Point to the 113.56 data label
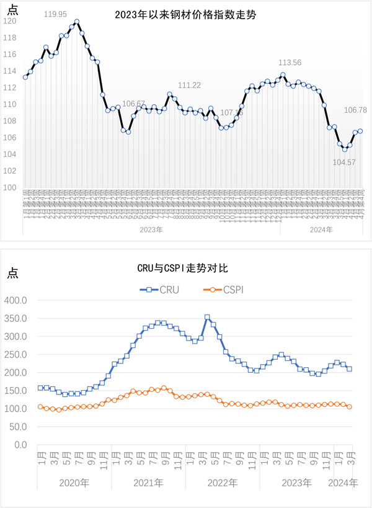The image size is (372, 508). (x=290, y=63)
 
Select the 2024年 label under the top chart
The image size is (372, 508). (x=321, y=229)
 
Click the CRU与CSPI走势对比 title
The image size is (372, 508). (x=186, y=268)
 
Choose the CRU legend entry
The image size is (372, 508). (x=161, y=289)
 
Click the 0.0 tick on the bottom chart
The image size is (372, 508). (x=21, y=445)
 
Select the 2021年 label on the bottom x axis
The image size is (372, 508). (x=149, y=483)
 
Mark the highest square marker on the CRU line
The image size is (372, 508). (x=207, y=317)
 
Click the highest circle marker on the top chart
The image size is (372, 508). (x=76, y=22)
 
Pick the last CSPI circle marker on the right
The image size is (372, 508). (x=349, y=407)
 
